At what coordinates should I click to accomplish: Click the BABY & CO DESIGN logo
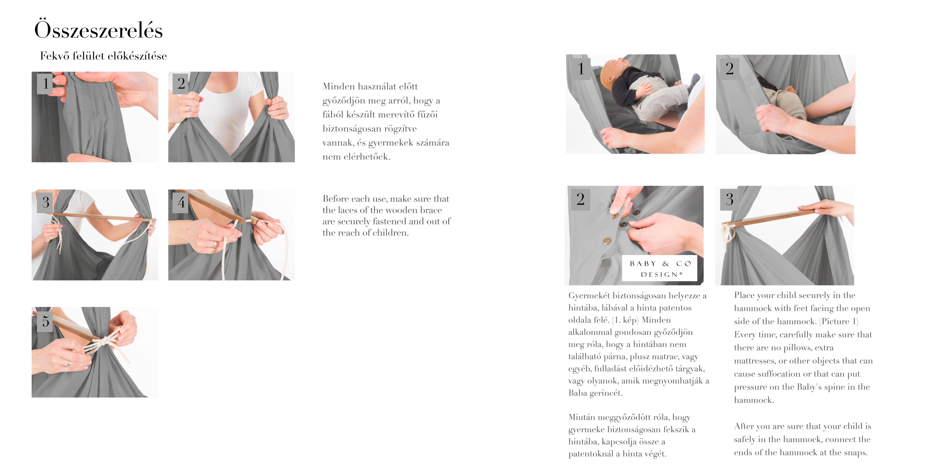[x=660, y=269]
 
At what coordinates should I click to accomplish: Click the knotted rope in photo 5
[x=105, y=343]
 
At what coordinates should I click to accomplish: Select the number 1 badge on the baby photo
[x=581, y=68]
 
